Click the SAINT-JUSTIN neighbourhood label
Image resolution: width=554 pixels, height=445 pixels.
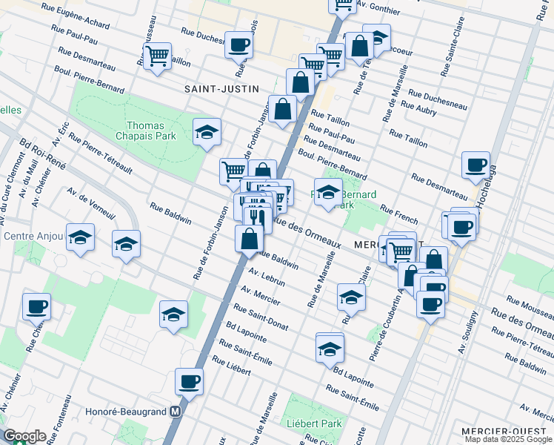(x=222, y=89)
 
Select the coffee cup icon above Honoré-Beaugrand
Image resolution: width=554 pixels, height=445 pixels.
(x=189, y=383)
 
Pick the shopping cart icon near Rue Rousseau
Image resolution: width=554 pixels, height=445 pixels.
(x=157, y=56)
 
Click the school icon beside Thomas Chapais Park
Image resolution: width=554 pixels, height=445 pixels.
(x=207, y=133)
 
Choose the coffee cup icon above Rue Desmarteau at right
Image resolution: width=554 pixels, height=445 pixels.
(x=475, y=165)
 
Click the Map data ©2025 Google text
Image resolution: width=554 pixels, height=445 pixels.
(x=507, y=439)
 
